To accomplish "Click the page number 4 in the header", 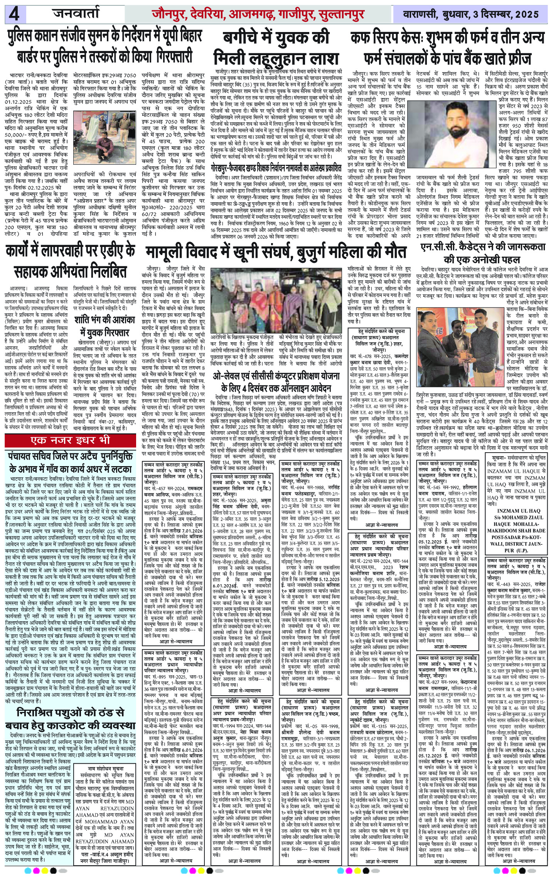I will tap(15, 15).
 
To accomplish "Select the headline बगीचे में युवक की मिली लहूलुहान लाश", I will tap(276, 49).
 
